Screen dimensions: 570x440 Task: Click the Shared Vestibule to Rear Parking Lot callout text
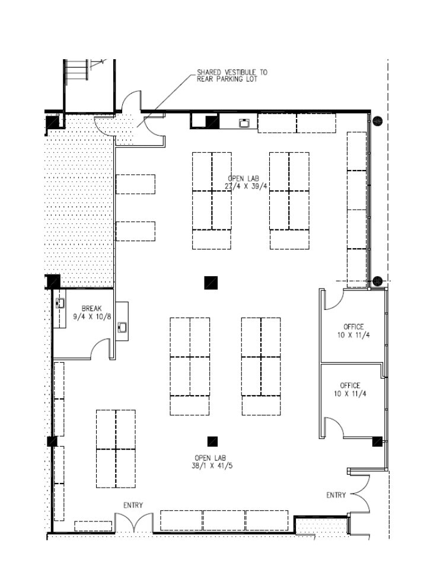coord(232,75)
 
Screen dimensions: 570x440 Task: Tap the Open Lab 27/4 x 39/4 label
coord(247,182)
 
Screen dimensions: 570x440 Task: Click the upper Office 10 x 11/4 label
coord(353,331)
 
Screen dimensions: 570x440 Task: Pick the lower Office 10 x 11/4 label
coord(350,389)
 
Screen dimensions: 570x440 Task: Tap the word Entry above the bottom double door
coord(133,505)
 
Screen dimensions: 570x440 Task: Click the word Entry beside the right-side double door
coord(336,495)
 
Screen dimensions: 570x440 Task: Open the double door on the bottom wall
coord(133,523)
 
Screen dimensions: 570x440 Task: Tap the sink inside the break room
coord(60,303)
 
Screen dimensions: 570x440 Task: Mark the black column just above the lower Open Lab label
coord(212,441)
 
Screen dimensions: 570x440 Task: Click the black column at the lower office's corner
coord(377,441)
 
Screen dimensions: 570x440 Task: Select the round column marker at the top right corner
coord(377,121)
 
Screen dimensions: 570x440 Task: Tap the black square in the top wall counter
coord(212,121)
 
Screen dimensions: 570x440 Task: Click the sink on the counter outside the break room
coord(122,327)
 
